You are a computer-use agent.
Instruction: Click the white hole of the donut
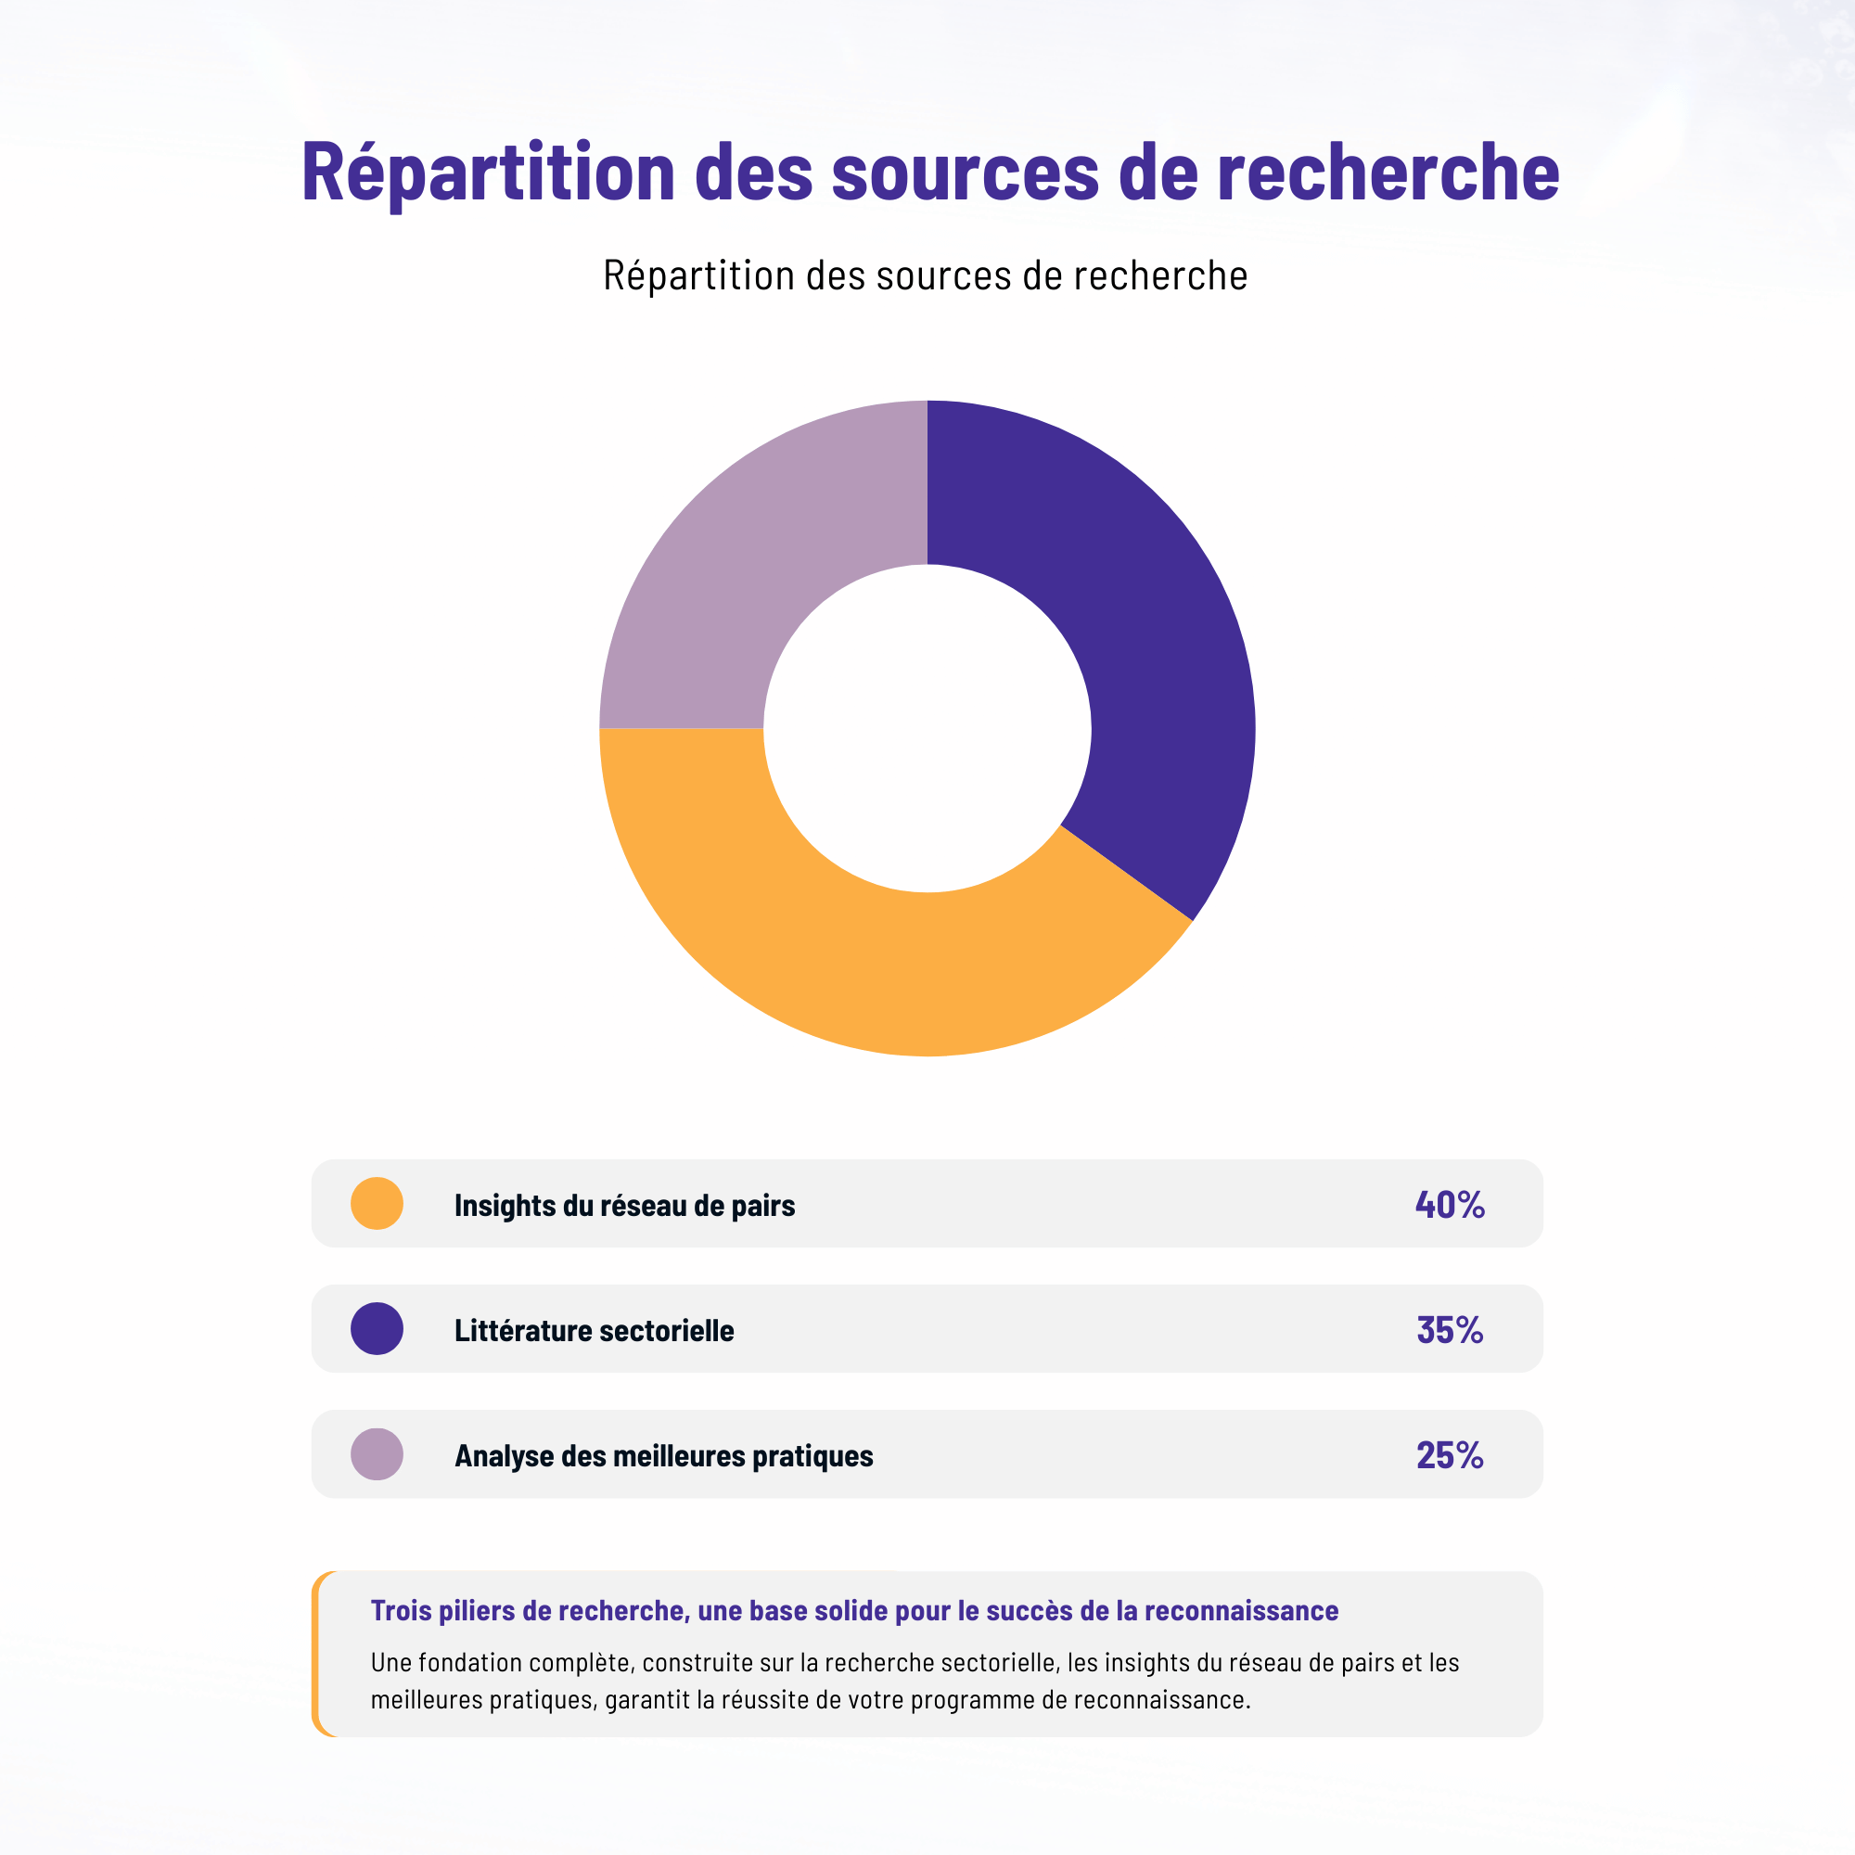927,728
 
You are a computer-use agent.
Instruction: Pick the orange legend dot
377,1203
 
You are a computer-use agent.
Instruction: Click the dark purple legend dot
377,1329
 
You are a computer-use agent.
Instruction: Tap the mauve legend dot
377,1453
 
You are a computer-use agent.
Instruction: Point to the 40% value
1450,1204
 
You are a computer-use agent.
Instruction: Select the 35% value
1450,1330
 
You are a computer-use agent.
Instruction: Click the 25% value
1450,1455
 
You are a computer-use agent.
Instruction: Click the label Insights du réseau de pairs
624,1205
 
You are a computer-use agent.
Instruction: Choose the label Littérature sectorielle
594,1331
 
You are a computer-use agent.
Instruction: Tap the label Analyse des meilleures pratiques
663,1455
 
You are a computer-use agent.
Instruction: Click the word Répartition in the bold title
488,173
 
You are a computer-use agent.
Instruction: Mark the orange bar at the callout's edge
316,1654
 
